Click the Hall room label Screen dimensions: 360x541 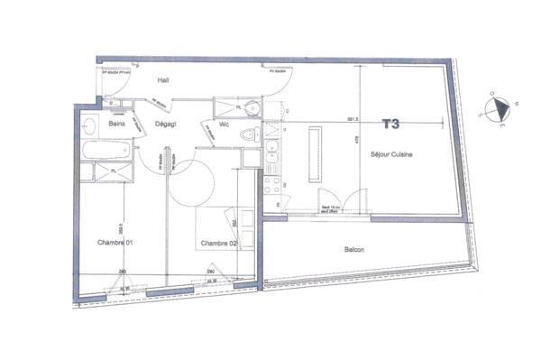[164, 79]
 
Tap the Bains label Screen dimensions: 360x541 [115, 124]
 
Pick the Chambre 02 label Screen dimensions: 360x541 [218, 244]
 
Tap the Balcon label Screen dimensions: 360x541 [353, 250]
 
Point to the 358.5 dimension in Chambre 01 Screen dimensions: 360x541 [122, 227]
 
